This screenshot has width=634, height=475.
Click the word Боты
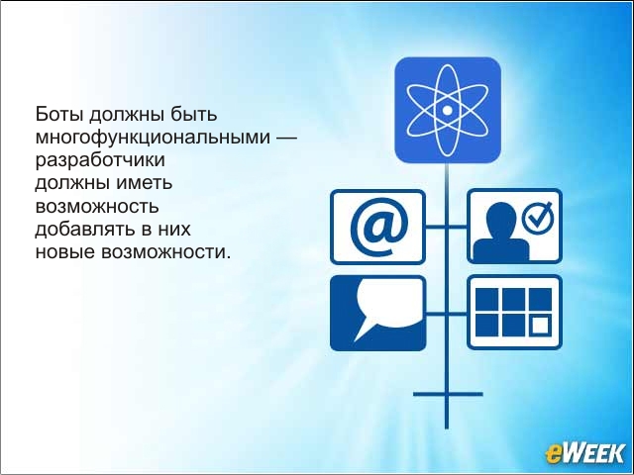(x=59, y=115)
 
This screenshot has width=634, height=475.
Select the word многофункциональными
(x=153, y=138)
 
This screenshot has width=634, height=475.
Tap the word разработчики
(x=100, y=160)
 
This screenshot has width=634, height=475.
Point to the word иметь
(x=145, y=183)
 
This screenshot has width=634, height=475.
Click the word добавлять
(x=85, y=229)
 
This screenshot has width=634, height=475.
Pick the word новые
(x=64, y=253)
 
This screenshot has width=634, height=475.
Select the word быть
(x=194, y=115)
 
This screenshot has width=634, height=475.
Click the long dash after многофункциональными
(x=286, y=138)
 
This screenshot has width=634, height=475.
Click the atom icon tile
(x=448, y=110)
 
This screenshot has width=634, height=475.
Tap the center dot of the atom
(x=447, y=110)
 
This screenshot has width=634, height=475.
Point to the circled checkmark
(x=537, y=217)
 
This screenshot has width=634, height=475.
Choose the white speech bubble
(x=386, y=305)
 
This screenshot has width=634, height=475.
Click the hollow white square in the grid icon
(x=541, y=326)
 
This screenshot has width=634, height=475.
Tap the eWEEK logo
(x=584, y=453)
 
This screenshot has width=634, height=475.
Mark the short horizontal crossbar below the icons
(x=448, y=394)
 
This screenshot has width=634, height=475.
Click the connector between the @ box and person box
(x=447, y=227)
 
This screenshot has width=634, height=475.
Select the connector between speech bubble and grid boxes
(x=447, y=314)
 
